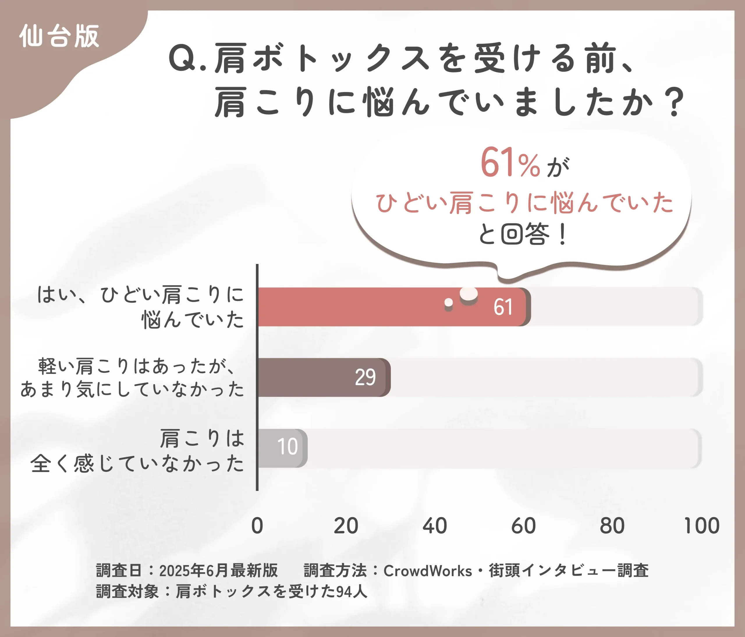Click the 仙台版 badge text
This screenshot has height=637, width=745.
point(59,36)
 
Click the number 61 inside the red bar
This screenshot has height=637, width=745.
point(503,307)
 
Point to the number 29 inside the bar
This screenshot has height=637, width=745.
point(365,377)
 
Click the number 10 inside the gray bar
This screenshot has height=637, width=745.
point(287,446)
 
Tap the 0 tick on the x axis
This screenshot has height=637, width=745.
point(257,526)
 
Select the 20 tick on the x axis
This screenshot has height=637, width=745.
point(346,526)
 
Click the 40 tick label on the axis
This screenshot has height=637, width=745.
point(435,526)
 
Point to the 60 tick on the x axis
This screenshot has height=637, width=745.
point(524,526)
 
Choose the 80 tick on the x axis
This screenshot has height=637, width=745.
point(612,526)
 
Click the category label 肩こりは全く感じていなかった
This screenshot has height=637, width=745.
point(136,451)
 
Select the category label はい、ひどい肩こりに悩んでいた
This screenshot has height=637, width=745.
point(140,307)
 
